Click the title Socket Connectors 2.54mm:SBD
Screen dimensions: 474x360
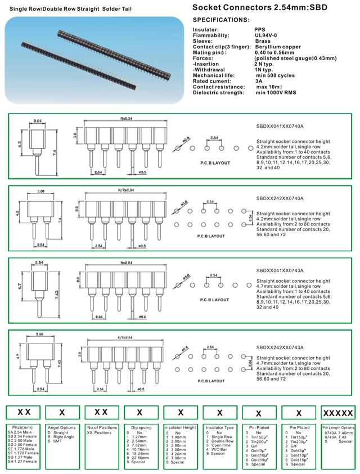pos(267,8)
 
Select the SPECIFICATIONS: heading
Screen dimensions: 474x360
pos(221,19)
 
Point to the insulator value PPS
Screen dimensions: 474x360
pos(259,29)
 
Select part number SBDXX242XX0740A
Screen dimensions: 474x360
pos(280,198)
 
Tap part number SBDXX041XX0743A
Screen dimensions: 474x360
pos(280,270)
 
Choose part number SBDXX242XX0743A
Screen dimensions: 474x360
pos(280,347)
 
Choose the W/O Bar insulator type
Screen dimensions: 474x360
pos(218,448)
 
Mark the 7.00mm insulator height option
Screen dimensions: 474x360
pos(179,457)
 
